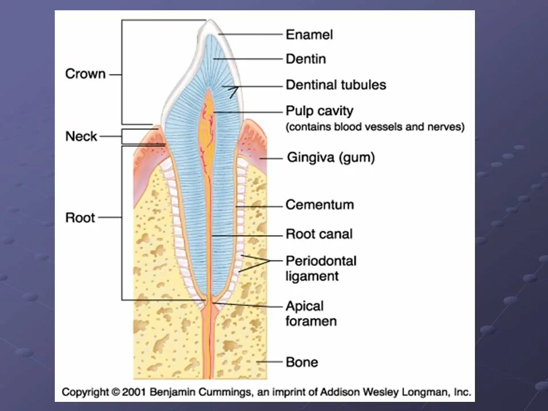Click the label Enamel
[x=309, y=35]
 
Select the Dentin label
[x=305, y=59]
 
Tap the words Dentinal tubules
[x=336, y=85]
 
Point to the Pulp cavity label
[x=319, y=111]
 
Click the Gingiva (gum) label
[x=331, y=158]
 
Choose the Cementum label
[x=319, y=204]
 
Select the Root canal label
[x=319, y=233]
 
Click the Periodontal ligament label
[x=320, y=268]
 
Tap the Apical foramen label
[x=311, y=313]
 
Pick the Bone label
[x=302, y=362]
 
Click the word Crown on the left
[x=86, y=74]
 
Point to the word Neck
[x=82, y=136]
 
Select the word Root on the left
[x=80, y=217]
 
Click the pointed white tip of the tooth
[x=211, y=23]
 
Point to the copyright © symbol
[x=116, y=392]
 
